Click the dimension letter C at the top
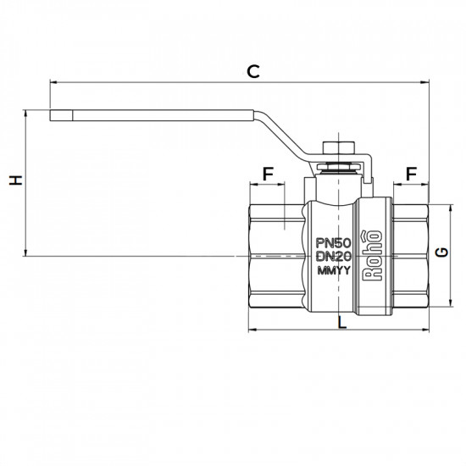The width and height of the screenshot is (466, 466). [x=252, y=71]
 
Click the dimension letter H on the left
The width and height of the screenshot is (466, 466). [x=14, y=180]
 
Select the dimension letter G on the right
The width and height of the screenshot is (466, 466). [x=441, y=253]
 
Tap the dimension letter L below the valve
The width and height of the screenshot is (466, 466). [x=341, y=322]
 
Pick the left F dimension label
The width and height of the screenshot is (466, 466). [x=269, y=174]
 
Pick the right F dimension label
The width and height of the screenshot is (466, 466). [x=412, y=174]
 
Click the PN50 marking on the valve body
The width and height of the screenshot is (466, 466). [x=332, y=241]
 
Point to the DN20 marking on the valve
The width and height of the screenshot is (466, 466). [x=332, y=256]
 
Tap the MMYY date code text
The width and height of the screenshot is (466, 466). [x=332, y=271]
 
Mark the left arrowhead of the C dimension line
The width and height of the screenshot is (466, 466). [x=54, y=82]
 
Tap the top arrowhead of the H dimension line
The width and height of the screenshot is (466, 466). [x=28, y=112]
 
